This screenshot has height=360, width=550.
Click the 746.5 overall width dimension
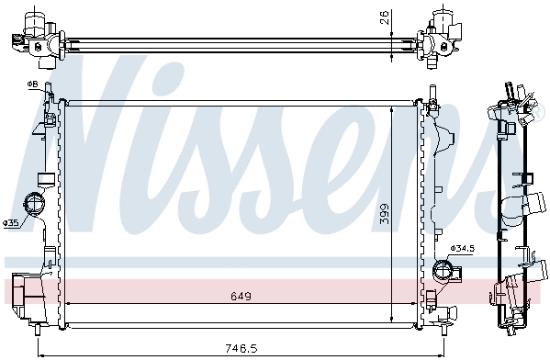click(x=241, y=348)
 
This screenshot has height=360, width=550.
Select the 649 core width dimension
click(x=241, y=297)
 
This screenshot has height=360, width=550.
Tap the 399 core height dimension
click(x=385, y=214)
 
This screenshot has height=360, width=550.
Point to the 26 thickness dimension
click(x=385, y=17)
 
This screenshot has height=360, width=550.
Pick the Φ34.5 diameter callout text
click(x=463, y=249)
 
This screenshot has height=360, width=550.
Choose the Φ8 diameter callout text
click(x=32, y=84)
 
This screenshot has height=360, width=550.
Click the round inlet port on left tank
click(x=34, y=203)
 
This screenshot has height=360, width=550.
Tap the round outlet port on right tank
click(x=443, y=270)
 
